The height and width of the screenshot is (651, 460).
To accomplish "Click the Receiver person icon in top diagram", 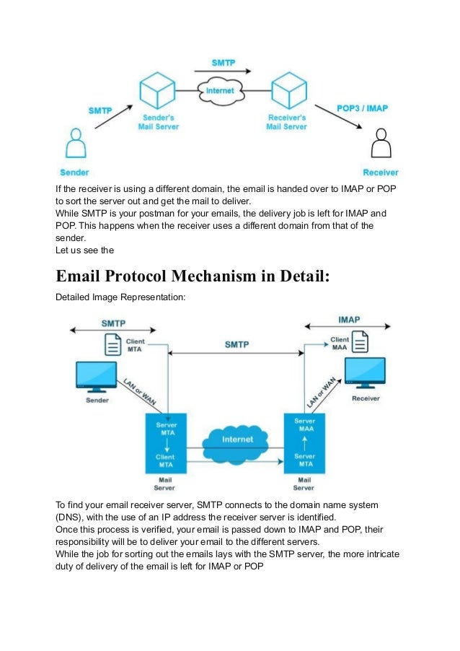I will (x=381, y=145).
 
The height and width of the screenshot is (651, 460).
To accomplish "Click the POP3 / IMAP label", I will (x=362, y=108).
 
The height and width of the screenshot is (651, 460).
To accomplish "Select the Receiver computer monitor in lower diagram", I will (x=365, y=372).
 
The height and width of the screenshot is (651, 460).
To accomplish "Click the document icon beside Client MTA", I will (x=113, y=344).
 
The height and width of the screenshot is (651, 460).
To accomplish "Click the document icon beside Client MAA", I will (x=360, y=342).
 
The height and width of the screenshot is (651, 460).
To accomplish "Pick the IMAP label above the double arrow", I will (x=349, y=319).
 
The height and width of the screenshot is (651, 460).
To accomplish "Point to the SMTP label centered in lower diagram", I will (x=236, y=344).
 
